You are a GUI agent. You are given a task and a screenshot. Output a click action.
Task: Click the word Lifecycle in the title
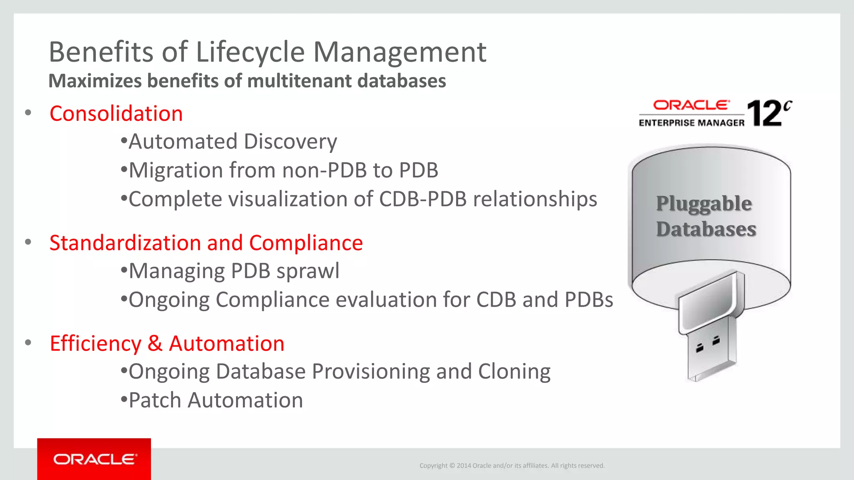(x=250, y=52)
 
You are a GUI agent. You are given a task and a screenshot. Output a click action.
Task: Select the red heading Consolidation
(x=116, y=114)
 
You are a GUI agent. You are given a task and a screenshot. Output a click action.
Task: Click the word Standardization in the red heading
(x=125, y=243)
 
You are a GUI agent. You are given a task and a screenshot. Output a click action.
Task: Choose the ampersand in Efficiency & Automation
(x=155, y=344)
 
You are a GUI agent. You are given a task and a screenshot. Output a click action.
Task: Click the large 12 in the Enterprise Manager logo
(x=764, y=113)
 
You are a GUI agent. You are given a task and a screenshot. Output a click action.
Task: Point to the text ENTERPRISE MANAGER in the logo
(x=691, y=123)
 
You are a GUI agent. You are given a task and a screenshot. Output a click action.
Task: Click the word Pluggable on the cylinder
(x=704, y=204)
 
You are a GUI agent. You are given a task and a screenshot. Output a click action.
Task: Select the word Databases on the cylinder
(x=706, y=229)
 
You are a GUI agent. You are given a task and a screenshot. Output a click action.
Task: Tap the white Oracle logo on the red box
(x=95, y=459)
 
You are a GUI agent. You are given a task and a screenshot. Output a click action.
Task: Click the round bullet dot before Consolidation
(x=28, y=113)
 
